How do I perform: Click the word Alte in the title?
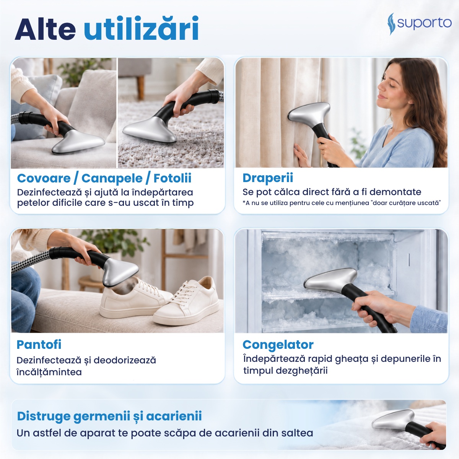point(45,29)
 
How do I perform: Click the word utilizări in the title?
point(141,28)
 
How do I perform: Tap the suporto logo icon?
point(391,24)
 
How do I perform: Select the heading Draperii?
point(268,178)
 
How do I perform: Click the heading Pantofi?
point(39,344)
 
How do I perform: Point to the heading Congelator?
point(278,345)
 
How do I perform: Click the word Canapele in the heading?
point(112,178)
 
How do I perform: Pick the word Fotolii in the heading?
point(173,178)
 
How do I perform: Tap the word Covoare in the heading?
point(44,178)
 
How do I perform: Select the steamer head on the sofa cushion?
point(78,142)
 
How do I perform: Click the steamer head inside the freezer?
point(330,280)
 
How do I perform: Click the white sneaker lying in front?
point(186,303)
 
